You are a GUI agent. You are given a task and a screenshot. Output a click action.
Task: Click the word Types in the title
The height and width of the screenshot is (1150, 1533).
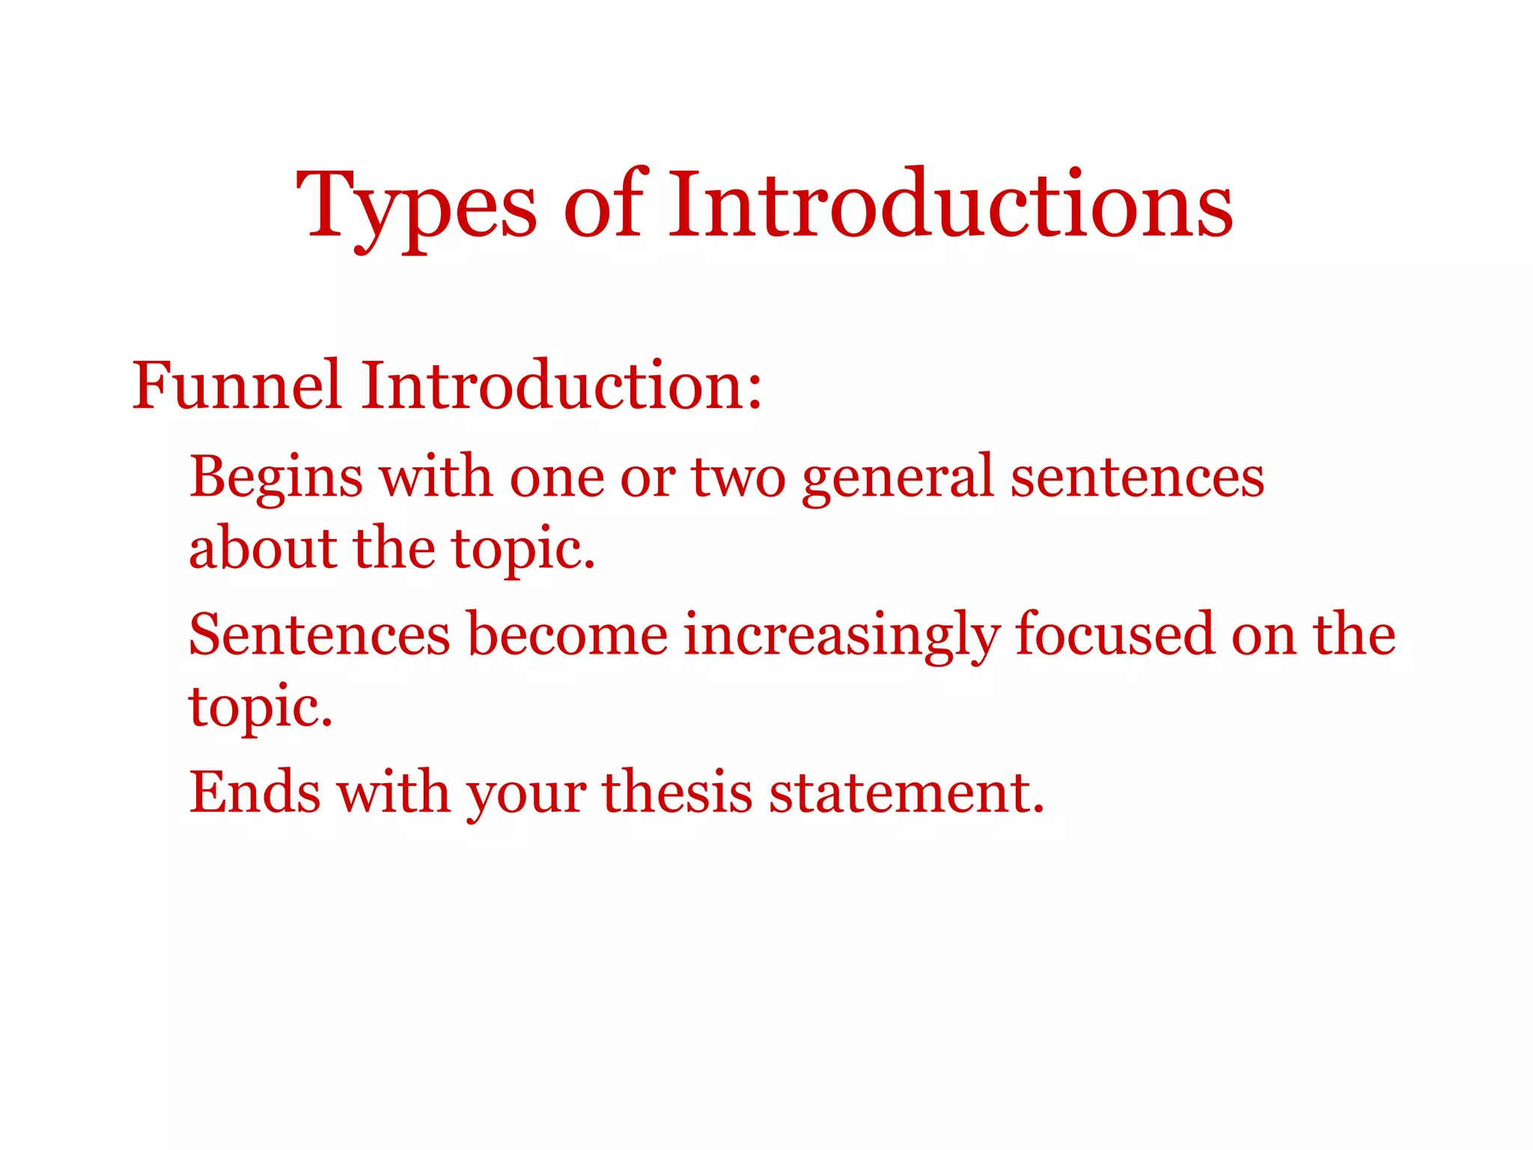[x=416, y=206]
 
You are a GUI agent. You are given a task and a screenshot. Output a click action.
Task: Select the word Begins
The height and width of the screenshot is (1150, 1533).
[x=276, y=478]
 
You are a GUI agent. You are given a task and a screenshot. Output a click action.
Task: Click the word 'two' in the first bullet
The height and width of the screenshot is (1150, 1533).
[x=737, y=478]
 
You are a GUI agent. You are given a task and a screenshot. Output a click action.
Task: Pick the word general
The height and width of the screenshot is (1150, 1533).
[x=897, y=478]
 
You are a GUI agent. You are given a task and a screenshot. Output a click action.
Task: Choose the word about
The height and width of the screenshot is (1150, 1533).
[x=262, y=548]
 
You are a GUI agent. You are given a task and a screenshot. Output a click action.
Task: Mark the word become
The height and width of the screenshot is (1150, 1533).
[x=567, y=635]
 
